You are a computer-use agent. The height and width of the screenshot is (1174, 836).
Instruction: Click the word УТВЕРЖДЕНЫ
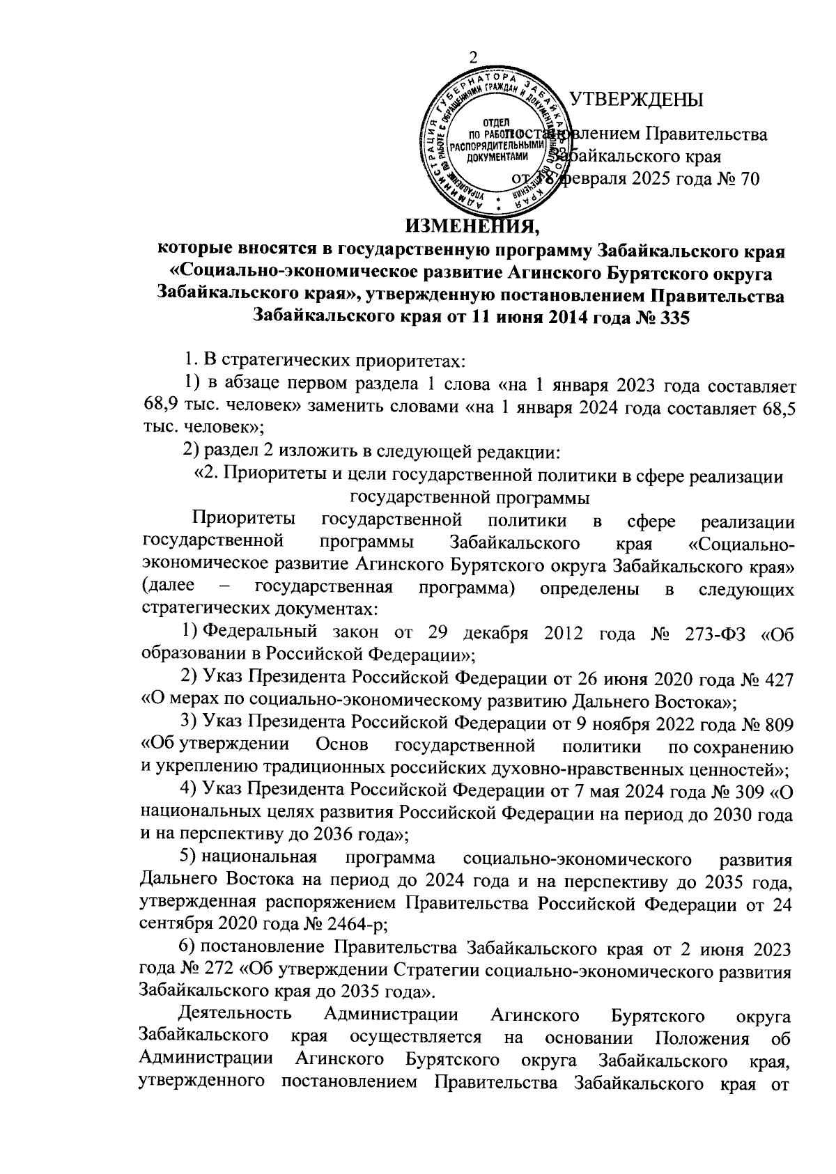(635, 100)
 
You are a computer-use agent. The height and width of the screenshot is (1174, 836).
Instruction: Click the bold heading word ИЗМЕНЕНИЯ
(472, 226)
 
